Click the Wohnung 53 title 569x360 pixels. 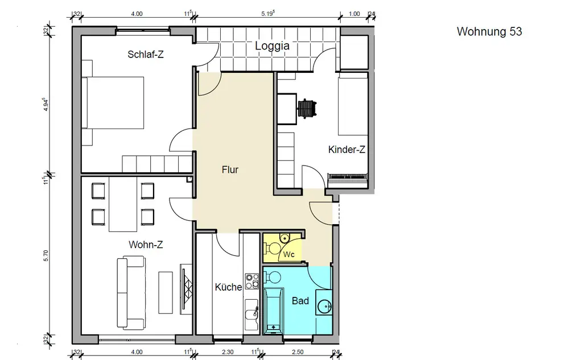[x=489, y=31]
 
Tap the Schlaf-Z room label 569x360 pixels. [x=146, y=55]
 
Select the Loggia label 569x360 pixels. [x=272, y=46]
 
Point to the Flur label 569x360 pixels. [x=230, y=169]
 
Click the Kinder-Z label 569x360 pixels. [x=347, y=150]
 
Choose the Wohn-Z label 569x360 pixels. [x=146, y=245]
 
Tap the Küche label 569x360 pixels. [x=228, y=287]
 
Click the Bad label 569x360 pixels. [x=300, y=301]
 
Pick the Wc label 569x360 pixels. [x=289, y=254]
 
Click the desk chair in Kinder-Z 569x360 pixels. [x=307, y=108]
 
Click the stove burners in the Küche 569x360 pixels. [x=252, y=282]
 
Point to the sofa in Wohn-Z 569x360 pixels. [x=131, y=292]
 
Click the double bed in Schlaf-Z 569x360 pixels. [x=113, y=102]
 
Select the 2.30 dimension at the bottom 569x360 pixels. [x=228, y=351]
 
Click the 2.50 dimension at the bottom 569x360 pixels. [x=298, y=351]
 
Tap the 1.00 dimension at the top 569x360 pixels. [x=354, y=14]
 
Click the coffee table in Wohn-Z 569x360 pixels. [x=166, y=292]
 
